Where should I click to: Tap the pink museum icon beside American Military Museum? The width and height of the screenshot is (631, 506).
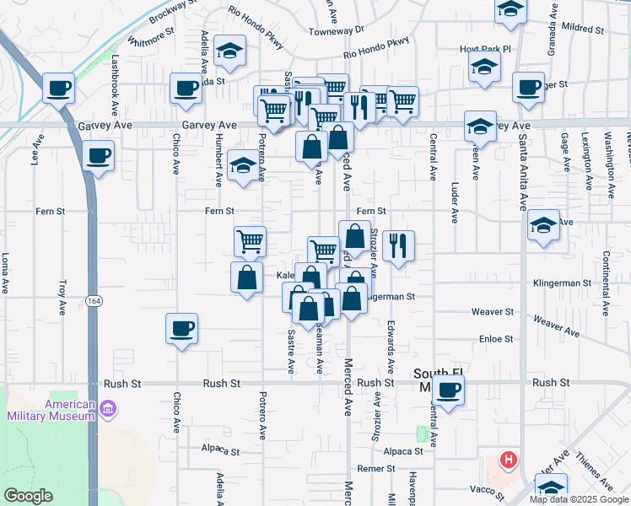107,410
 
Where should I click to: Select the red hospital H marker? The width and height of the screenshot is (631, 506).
508,460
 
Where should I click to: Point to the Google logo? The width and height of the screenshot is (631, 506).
29,496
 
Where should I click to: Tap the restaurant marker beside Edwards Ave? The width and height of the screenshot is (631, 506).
398,246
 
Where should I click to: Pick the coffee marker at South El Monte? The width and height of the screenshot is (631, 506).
450,390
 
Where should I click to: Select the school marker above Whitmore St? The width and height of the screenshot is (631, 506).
229,52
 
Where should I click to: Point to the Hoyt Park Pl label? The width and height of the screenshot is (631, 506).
486,49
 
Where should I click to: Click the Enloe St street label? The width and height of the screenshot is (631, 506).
496,338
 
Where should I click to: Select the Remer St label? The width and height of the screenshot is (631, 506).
376,468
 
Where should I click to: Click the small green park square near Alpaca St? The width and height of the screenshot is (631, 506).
422,433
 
